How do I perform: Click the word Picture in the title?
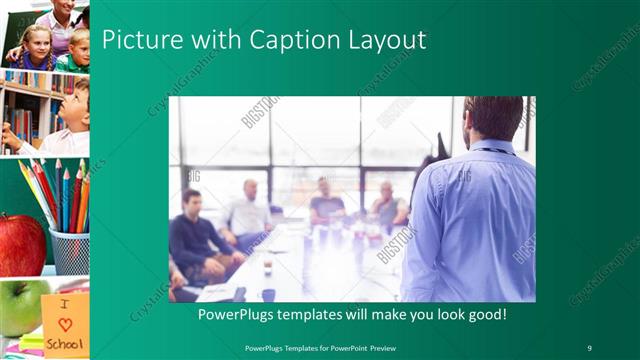pyautogui.click(x=138, y=40)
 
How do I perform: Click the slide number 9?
pyautogui.click(x=589, y=347)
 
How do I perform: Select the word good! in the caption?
pyautogui.click(x=484, y=313)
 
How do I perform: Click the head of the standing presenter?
pyautogui.click(x=493, y=118)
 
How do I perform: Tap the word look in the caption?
pyautogui.click(x=425, y=313)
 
